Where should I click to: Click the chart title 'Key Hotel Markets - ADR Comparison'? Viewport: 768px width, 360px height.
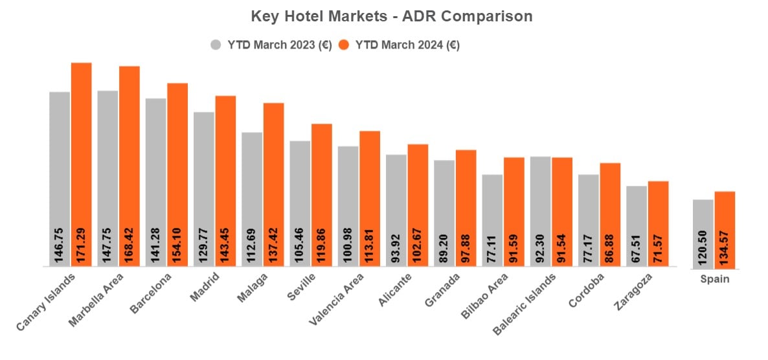click(x=391, y=16)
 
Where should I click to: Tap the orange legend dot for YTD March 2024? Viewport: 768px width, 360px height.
click(x=344, y=45)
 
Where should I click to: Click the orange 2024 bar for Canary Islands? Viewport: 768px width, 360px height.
click(x=81, y=162)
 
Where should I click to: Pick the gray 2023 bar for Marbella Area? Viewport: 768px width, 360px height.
click(x=107, y=175)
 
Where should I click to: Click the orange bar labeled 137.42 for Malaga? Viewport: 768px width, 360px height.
click(x=273, y=181)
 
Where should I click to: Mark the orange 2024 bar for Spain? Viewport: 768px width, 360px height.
click(x=725, y=227)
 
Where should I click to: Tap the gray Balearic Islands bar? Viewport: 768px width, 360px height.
click(x=540, y=207)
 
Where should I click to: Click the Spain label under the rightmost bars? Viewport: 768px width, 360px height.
click(x=714, y=279)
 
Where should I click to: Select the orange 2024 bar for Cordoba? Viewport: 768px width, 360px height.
click(x=610, y=214)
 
